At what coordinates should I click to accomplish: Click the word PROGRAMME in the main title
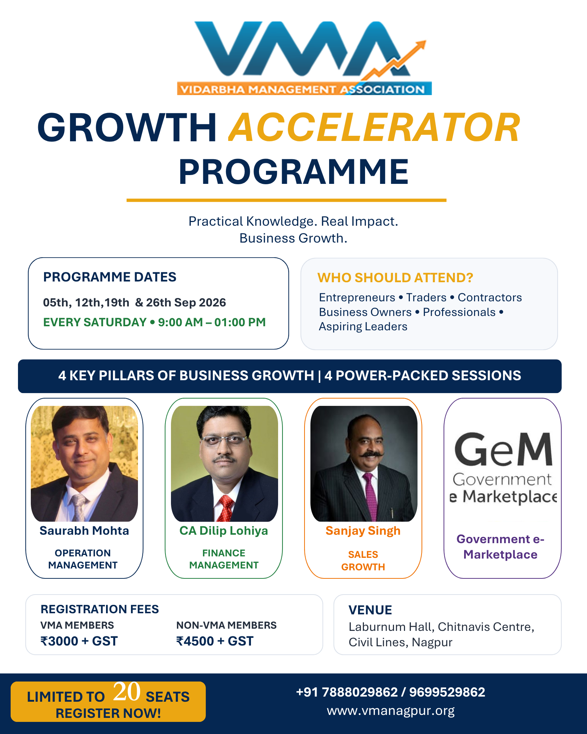pyautogui.click(x=293, y=171)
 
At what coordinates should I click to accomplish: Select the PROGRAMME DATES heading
pyautogui.click(x=110, y=277)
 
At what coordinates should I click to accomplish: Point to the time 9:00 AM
pyautogui.click(x=180, y=322)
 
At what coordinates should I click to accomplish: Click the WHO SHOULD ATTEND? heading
pyautogui.click(x=395, y=278)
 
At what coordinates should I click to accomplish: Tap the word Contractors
pyautogui.click(x=490, y=297)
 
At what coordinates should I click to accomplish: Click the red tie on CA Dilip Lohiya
pyautogui.click(x=226, y=508)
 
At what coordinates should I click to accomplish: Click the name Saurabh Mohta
pyautogui.click(x=84, y=531)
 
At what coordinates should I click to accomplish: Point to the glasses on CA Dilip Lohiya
pyautogui.click(x=224, y=439)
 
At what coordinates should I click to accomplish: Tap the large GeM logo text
pyautogui.click(x=503, y=449)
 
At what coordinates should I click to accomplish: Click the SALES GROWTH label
pyautogui.click(x=363, y=561)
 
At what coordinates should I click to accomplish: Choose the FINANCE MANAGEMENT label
pyautogui.click(x=224, y=559)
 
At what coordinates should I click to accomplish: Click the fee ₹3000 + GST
pyautogui.click(x=79, y=641)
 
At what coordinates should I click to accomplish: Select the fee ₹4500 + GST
pyautogui.click(x=215, y=641)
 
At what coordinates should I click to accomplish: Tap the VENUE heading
pyautogui.click(x=370, y=610)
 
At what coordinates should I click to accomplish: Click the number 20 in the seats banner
pyautogui.click(x=127, y=691)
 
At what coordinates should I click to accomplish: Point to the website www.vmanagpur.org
pyautogui.click(x=391, y=711)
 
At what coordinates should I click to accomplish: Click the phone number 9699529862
pyautogui.click(x=447, y=692)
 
